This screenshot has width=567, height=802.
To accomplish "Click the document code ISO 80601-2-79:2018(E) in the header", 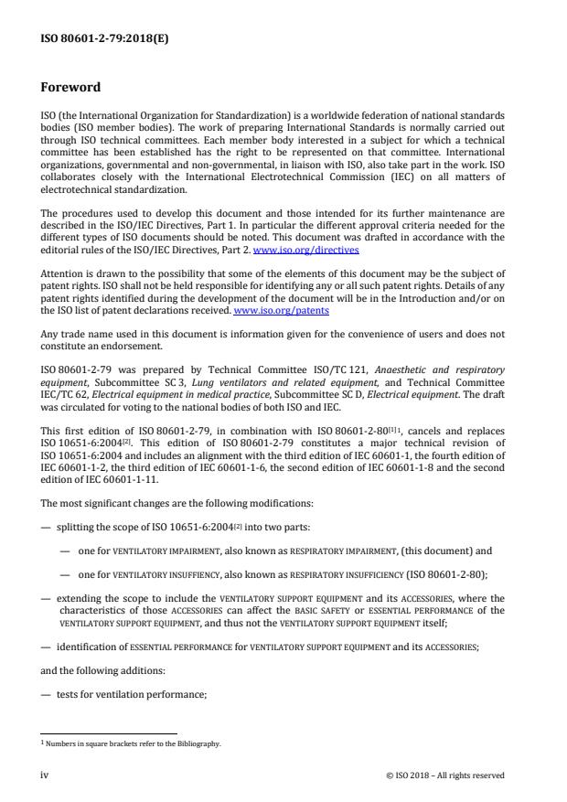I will pos(92,38).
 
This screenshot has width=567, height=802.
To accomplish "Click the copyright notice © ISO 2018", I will pos(444,775).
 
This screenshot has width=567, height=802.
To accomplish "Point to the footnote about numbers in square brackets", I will pos(129,743).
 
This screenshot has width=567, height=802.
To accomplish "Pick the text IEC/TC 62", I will pos(61,395).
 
